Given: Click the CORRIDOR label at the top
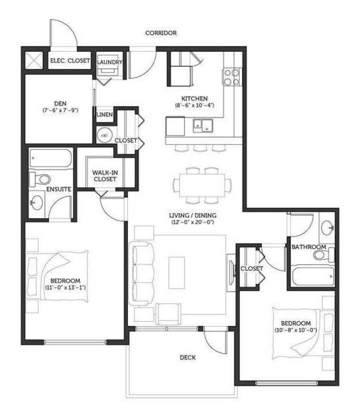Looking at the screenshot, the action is point(161,33).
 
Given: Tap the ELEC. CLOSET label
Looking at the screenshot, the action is point(70,60).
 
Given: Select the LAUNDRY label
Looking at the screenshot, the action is point(110,62).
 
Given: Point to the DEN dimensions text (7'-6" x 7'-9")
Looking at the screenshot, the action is point(60,110).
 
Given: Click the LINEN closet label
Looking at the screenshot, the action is point(105,115).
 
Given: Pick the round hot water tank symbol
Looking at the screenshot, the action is point(104,135).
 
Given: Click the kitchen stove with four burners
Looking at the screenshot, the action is point(232,77).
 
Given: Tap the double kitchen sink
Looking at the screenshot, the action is point(203,125).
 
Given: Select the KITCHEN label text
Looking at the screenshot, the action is point(195,98).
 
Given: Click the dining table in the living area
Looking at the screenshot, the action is point(202,185).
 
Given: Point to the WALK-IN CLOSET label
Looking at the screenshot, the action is point(105,176).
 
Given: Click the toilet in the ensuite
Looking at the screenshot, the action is point(40,179).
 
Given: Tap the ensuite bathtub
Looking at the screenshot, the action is point(50,158).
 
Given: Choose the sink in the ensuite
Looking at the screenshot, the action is point(37,202).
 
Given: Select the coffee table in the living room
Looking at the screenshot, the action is point(176,273).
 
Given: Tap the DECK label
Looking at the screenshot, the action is point(188,357).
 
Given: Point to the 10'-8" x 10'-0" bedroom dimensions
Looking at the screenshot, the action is point(296,330).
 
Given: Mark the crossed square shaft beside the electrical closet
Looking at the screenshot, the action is point(34,60).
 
